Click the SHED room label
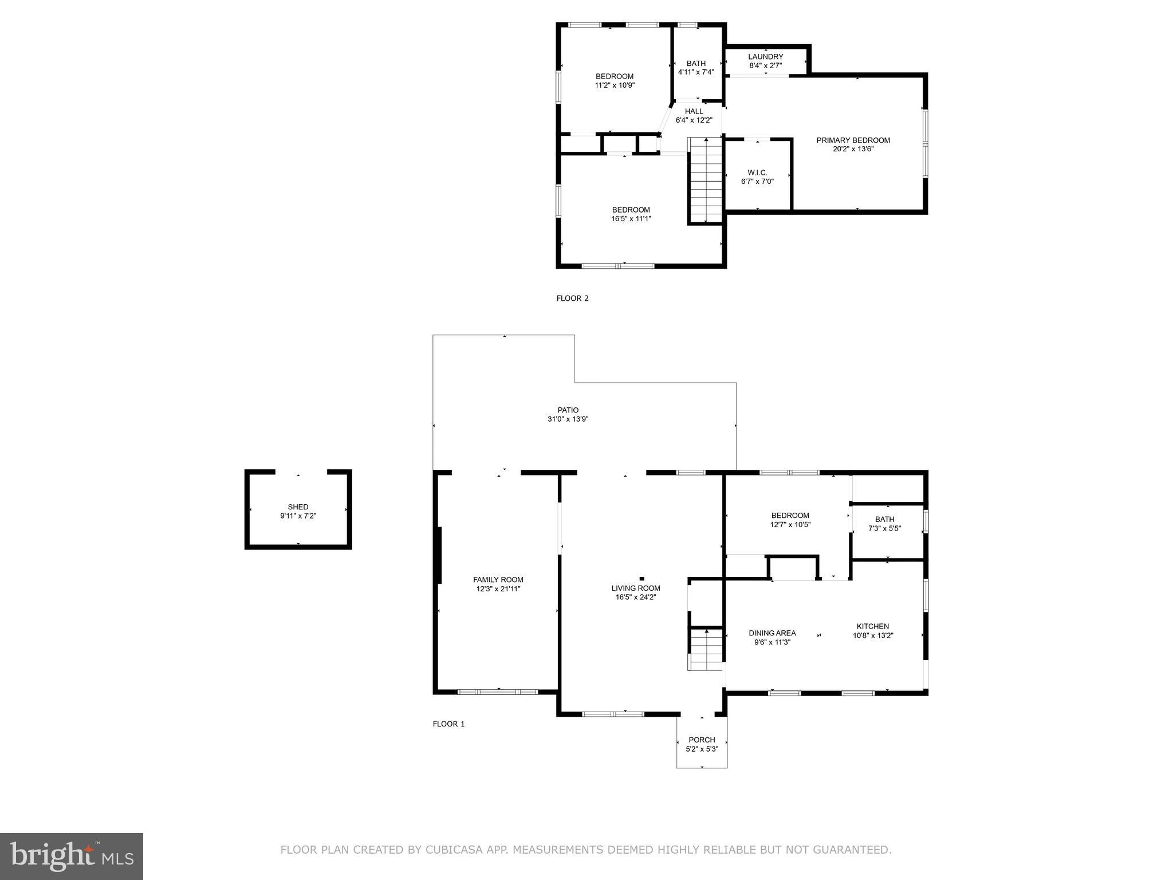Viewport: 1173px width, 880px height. (x=298, y=507)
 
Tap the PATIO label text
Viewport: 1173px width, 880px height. (x=568, y=410)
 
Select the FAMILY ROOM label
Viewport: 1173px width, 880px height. (x=498, y=580)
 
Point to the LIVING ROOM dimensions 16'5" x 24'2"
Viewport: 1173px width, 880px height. (x=636, y=597)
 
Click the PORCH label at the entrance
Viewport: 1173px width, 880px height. (x=702, y=740)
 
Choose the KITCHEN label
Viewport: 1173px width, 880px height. (x=872, y=626)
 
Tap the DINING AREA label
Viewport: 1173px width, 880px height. (x=772, y=633)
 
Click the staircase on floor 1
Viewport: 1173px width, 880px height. (x=707, y=649)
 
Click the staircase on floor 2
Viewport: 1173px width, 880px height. (x=706, y=180)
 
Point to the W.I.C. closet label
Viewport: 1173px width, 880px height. (x=757, y=172)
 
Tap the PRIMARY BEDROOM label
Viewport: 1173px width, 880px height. (x=853, y=140)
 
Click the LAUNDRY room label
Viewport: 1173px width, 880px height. (x=765, y=57)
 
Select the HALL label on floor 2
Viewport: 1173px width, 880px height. (x=694, y=111)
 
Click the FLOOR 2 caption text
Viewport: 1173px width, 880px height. (x=572, y=298)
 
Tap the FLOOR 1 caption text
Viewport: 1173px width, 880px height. (x=448, y=724)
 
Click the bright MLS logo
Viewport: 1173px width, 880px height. (x=72, y=856)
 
